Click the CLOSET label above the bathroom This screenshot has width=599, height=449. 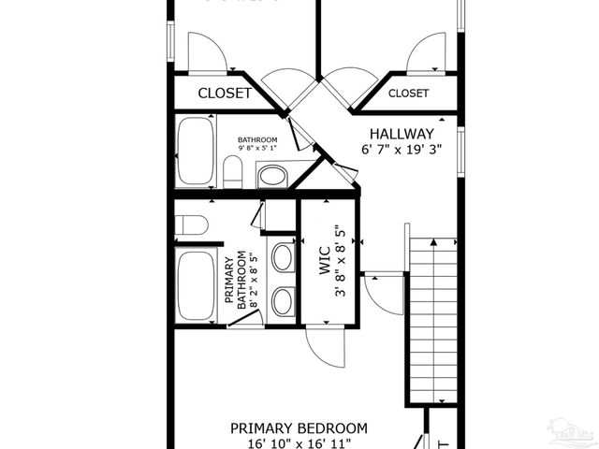click(225, 94)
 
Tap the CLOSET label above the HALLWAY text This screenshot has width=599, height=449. click(408, 94)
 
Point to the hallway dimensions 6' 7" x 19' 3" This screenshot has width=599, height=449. click(402, 149)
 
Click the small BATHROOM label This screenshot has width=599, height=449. click(256, 140)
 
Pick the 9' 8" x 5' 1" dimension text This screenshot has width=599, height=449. click(256, 149)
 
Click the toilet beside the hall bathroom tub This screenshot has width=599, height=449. click(233, 171)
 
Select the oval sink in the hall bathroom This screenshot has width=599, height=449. click(272, 175)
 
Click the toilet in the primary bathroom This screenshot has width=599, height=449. click(191, 224)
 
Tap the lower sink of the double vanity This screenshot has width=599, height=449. click(282, 300)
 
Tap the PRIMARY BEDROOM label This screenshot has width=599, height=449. click(299, 428)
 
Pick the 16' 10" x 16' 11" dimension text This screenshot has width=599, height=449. click(299, 443)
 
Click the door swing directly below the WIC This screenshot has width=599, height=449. click(327, 348)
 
